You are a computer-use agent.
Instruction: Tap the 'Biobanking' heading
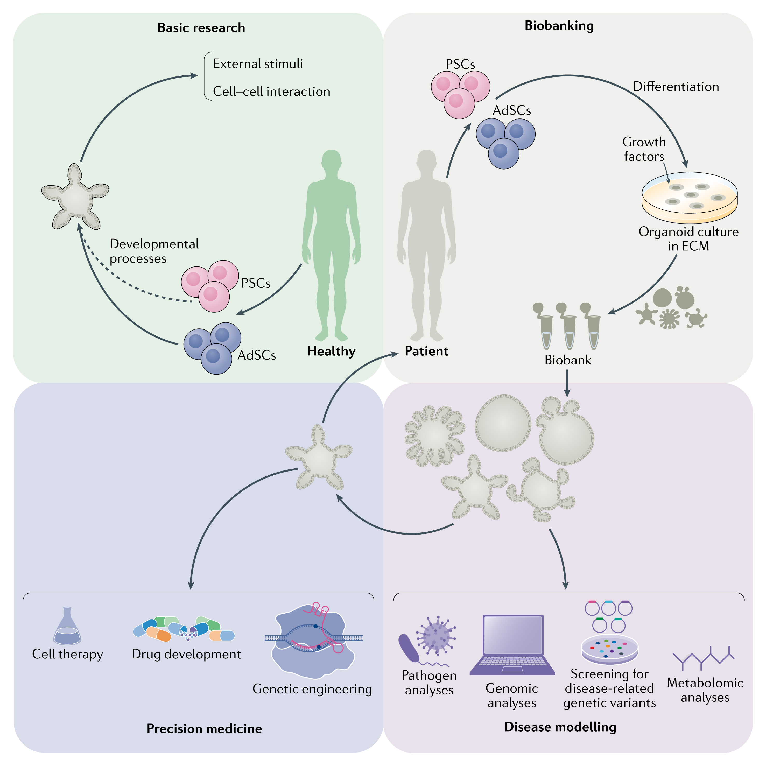click(559, 25)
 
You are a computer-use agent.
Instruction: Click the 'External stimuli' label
click(258, 64)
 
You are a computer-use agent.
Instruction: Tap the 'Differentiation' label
click(676, 86)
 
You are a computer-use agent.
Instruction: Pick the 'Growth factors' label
click(644, 149)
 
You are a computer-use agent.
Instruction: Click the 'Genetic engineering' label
click(312, 689)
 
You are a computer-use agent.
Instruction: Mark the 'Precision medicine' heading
click(204, 729)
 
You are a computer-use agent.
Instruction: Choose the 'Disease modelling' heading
click(560, 727)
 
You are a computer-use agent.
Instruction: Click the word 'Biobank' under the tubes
click(567, 360)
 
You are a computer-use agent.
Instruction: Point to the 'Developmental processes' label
click(154, 251)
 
